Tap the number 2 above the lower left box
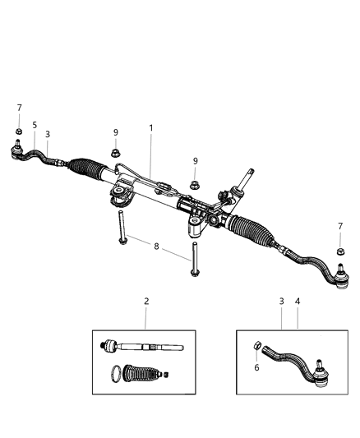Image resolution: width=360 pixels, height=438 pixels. (146, 302)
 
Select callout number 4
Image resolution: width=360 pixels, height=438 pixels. (297, 302)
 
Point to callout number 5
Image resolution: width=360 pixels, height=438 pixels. (35, 125)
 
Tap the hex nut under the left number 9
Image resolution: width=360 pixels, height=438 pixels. (115, 152)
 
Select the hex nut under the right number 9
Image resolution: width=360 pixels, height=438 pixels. (195, 183)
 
